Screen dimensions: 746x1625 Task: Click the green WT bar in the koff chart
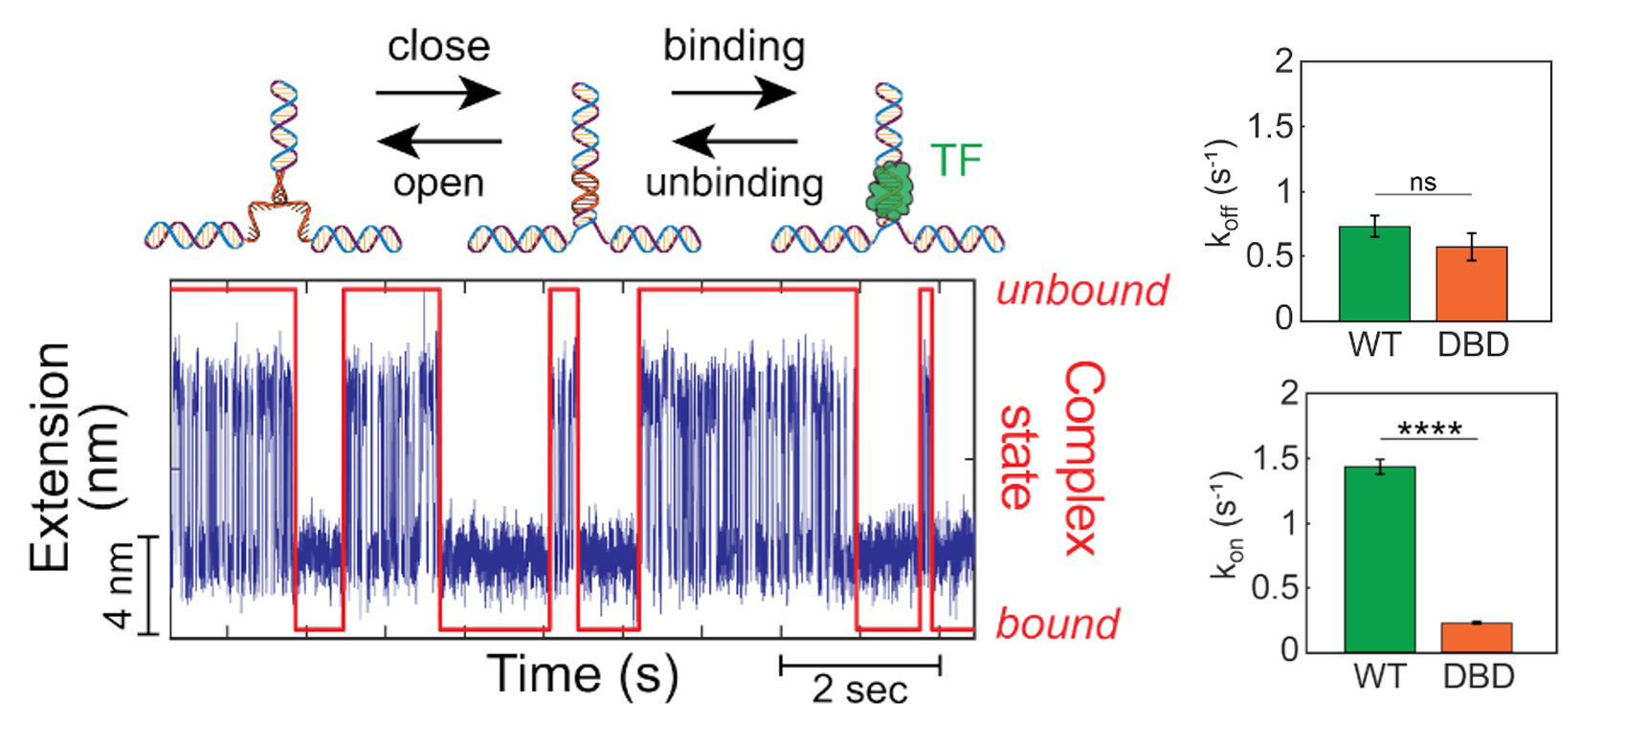(1374, 274)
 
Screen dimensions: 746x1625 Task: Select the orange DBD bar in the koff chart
(1472, 283)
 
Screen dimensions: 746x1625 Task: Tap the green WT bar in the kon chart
(1379, 559)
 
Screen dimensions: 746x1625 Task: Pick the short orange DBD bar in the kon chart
(1477, 637)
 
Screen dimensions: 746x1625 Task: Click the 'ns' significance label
(1423, 182)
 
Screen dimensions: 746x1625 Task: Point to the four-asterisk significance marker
(1430, 429)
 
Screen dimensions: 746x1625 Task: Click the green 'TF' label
(956, 161)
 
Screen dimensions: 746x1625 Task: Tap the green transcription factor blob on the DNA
(891, 190)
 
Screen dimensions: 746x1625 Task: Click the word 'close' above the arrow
(438, 46)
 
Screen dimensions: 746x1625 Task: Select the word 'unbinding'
(734, 183)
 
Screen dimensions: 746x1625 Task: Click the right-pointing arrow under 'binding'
(734, 94)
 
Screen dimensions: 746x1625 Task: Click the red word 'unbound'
(1082, 290)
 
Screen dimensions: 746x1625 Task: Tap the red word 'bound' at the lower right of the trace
(1057, 624)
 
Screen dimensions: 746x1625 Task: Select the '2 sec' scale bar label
(859, 689)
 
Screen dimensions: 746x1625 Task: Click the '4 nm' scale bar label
(120, 585)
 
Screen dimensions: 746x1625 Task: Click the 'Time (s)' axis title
(583, 674)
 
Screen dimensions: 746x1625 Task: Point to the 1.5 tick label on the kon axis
(1280, 458)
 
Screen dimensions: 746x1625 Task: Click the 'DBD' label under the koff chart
(1473, 344)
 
